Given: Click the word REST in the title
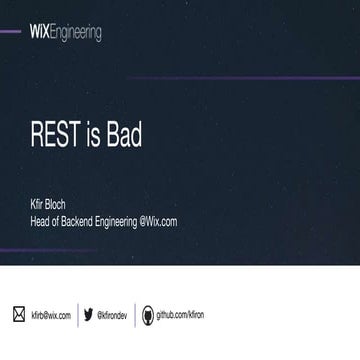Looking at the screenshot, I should [x=54, y=136].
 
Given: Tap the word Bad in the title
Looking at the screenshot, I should [x=120, y=136].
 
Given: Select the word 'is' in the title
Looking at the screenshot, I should [x=88, y=136].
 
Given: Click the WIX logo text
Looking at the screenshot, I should [x=46, y=34].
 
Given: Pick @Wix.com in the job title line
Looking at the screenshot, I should [x=158, y=221].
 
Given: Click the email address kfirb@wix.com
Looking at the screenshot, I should [x=51, y=314].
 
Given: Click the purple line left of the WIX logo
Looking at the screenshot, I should [x=12, y=32].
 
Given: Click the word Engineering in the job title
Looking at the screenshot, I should [x=121, y=221].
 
